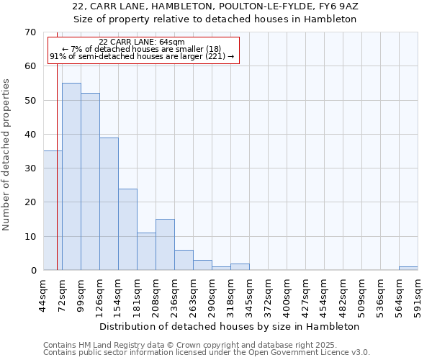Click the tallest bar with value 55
pyautogui.click(x=71, y=176)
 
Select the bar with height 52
pyautogui.click(x=90, y=181)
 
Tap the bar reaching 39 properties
pyautogui.click(x=109, y=204)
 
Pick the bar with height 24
pyautogui.click(x=127, y=229)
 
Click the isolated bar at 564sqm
pyautogui.click(x=408, y=269)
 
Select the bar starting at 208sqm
pyautogui.click(x=165, y=245)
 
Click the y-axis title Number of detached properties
pyautogui.click(x=6, y=154)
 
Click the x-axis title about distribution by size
pyautogui.click(x=229, y=326)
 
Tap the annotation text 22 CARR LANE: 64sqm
pyautogui.click(x=142, y=42)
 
